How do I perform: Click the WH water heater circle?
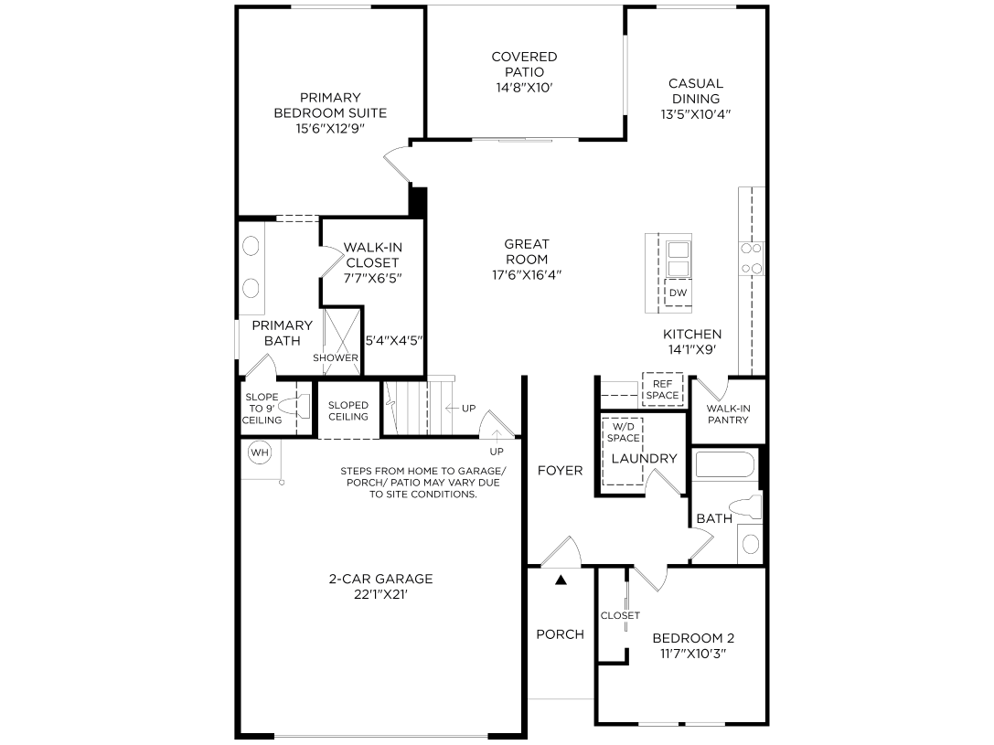(x=260, y=452)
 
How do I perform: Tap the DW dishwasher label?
(x=678, y=293)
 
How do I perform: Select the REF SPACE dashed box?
(x=662, y=389)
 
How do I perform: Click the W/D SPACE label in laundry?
(x=623, y=432)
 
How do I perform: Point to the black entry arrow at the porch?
(x=561, y=579)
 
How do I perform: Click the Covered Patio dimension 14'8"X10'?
(x=524, y=88)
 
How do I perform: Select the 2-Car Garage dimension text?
(x=380, y=594)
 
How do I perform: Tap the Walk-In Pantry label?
(x=728, y=414)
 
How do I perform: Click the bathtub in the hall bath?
(x=725, y=464)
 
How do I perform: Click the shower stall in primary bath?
(x=342, y=339)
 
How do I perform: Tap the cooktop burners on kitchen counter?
(x=751, y=259)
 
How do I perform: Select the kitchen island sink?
(x=678, y=259)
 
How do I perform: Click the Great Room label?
(x=527, y=251)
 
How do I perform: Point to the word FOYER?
(x=560, y=470)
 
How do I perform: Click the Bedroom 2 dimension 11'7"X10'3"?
(x=693, y=654)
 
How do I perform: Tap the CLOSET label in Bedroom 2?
(x=620, y=615)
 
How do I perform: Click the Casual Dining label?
(x=695, y=90)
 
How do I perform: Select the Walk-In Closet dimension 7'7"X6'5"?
(x=373, y=278)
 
